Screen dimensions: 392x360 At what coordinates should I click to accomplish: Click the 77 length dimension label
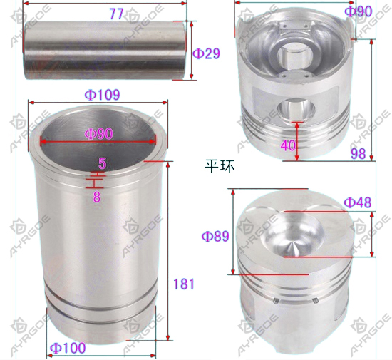coord(116,14)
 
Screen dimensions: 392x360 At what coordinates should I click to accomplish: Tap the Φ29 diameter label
coord(207,53)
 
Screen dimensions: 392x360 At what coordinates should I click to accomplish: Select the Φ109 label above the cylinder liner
coord(103,95)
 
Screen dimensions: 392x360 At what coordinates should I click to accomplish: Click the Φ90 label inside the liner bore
coord(99,134)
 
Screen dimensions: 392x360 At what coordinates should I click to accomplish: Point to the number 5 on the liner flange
coord(102,164)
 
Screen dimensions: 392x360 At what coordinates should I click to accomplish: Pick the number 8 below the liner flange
coord(97,197)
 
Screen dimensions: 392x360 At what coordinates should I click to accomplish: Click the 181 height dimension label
coord(184,284)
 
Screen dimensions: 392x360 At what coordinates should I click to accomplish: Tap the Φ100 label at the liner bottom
coord(68,348)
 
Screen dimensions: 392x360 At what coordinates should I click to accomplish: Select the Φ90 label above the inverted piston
coord(359,11)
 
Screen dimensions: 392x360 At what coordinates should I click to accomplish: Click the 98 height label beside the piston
coord(359,153)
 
